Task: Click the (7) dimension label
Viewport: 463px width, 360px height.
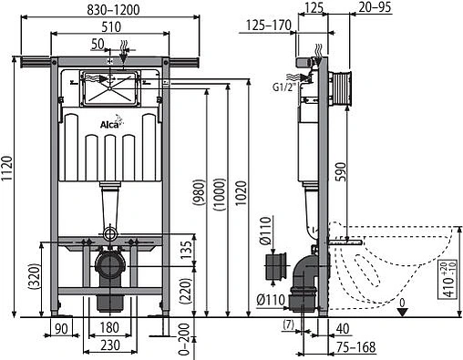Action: click(288, 325)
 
